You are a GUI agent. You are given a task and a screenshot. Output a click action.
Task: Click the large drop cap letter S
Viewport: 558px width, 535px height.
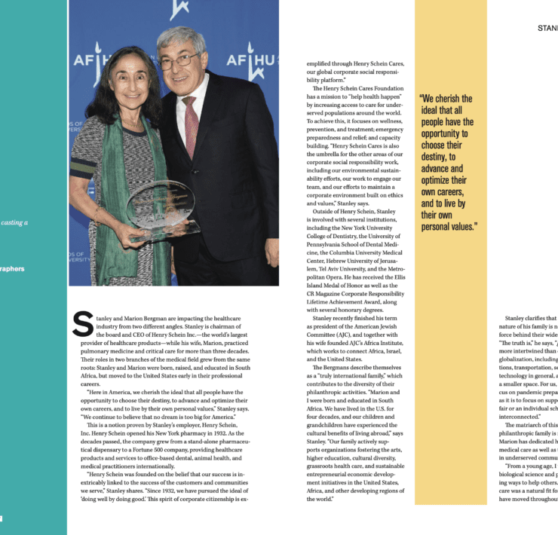click(82, 323)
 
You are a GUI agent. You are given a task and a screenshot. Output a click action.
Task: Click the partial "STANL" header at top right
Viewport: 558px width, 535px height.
click(547, 28)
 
